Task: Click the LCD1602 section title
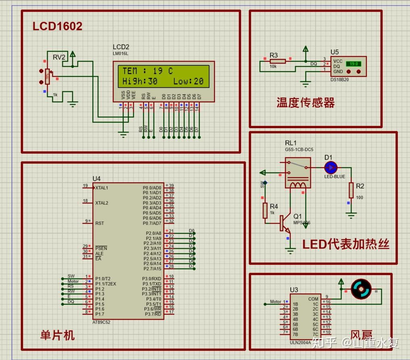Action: [57, 26]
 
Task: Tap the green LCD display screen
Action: [163, 76]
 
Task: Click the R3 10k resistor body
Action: [277, 61]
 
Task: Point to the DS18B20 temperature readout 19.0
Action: [354, 64]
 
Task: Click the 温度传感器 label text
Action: [305, 103]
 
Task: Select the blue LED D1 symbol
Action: [331, 167]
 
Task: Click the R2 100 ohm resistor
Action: [351, 190]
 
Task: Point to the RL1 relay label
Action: [291, 143]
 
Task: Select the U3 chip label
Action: [294, 290]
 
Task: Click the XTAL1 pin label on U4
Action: [102, 188]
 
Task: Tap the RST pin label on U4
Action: [100, 223]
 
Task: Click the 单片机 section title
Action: [57, 335]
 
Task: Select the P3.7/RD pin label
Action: [152, 314]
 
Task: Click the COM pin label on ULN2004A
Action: [313, 299]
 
